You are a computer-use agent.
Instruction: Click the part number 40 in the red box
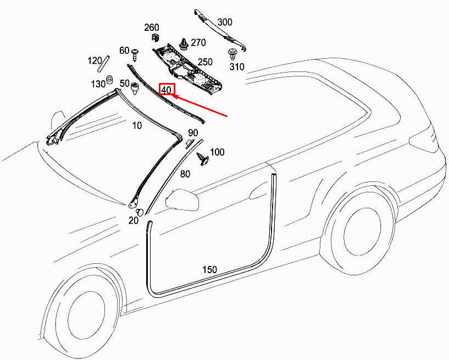coord(167,90)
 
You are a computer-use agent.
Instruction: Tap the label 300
coord(225,22)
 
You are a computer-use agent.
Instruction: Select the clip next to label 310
coord(234,54)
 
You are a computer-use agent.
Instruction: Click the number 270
coord(198,42)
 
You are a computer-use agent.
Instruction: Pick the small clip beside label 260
coord(155,38)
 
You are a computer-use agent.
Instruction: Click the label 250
coord(205,62)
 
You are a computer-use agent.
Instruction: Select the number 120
coord(95,60)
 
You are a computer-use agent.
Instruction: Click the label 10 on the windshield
coord(137,125)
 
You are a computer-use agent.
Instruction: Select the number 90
coord(192,133)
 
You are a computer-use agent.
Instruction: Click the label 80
coord(185,174)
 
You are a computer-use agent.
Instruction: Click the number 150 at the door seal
coord(209,270)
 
